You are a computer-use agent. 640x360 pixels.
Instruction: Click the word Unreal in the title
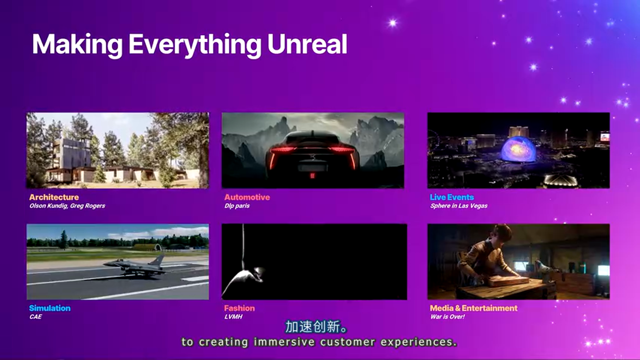(307, 44)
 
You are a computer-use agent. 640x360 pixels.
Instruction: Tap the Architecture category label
(54, 197)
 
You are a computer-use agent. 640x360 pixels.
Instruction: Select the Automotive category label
(247, 197)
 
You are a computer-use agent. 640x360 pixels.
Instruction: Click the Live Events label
(451, 197)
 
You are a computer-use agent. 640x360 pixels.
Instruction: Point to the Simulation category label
(49, 308)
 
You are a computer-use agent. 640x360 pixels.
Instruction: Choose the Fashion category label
(239, 308)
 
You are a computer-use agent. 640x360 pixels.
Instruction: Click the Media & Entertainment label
(473, 308)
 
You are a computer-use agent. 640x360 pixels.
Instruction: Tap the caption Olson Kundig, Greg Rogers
(67, 205)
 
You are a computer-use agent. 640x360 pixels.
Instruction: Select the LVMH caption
(233, 316)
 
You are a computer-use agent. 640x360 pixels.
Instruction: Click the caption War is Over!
(447, 316)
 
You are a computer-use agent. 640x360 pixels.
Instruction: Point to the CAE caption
(35, 316)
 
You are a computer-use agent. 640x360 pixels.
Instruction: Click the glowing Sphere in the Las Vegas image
(518, 149)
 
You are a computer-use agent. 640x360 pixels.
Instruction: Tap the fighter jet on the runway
(135, 265)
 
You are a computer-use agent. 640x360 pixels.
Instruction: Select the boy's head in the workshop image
(502, 235)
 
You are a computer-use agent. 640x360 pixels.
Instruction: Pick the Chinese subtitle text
(316, 327)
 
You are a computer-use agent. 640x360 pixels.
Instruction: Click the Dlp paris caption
(237, 205)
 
